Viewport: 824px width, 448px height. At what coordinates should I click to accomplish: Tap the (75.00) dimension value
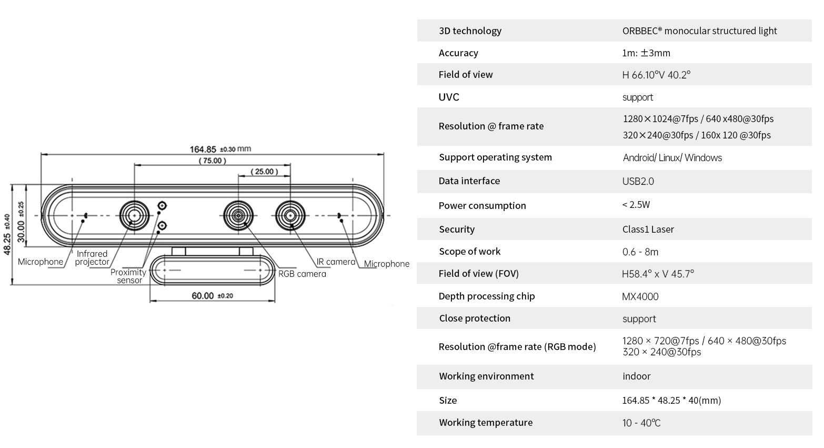tap(212, 161)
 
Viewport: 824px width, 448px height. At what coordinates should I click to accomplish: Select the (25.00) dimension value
tap(264, 172)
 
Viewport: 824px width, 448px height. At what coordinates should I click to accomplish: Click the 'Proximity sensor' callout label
tap(128, 276)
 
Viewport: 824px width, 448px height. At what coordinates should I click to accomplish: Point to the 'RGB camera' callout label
tap(302, 274)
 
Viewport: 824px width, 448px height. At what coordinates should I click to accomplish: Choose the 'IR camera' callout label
tap(336, 262)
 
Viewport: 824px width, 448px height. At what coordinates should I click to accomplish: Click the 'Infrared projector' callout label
tap(92, 257)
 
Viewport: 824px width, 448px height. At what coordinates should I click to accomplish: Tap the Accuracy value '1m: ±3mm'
tap(646, 53)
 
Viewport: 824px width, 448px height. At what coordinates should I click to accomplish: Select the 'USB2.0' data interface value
tap(638, 181)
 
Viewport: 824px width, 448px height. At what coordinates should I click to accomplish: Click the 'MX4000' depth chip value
tap(640, 296)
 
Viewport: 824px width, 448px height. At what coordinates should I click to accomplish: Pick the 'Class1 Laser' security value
tap(648, 230)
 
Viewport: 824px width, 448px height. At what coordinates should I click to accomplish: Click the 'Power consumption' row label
tap(483, 205)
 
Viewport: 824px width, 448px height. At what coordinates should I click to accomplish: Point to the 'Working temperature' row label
tap(486, 422)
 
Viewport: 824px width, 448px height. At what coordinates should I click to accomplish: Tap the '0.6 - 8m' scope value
tap(640, 252)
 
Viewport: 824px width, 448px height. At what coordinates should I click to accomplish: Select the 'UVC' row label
tap(449, 97)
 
